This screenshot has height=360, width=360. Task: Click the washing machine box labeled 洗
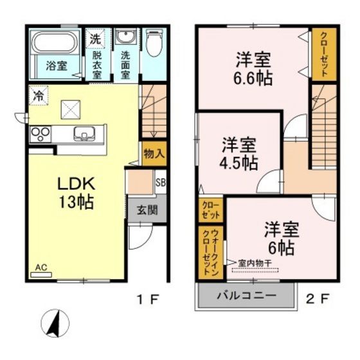pos(95,38)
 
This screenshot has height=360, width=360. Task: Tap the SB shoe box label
pos(160,182)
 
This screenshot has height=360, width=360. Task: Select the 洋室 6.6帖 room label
pos(253,69)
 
